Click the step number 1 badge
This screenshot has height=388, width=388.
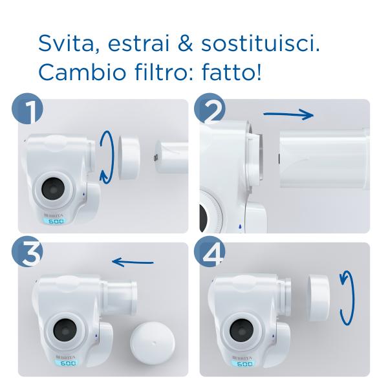27,111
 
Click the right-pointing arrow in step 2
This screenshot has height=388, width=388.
288,115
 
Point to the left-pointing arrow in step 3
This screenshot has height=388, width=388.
133,262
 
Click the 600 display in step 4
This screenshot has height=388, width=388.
245,363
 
